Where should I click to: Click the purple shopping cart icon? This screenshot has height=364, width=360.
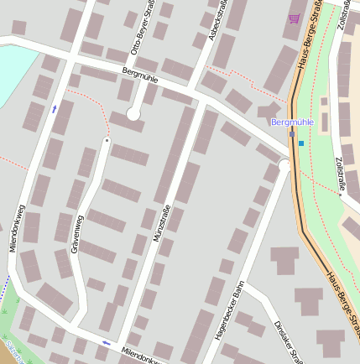pyautogui.click(x=294, y=18)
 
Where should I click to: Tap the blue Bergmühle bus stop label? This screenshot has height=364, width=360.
pyautogui.click(x=293, y=122)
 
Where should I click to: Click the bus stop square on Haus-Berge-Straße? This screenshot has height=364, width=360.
pyautogui.click(x=292, y=134)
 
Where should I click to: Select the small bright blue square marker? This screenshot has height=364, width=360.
pyautogui.click(x=301, y=143)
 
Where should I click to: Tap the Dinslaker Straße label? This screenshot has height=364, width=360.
pyautogui.click(x=290, y=341)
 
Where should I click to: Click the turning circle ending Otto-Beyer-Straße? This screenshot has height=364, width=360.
pyautogui.click(x=133, y=113)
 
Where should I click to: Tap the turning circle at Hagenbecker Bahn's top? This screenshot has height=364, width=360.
pyautogui.click(x=284, y=166)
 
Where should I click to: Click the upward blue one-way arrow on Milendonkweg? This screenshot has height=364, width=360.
pyautogui.click(x=55, y=108)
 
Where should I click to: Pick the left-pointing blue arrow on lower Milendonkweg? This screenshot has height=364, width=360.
pyautogui.click(x=107, y=342)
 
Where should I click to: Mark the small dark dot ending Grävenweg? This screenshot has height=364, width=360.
pyautogui.click(x=107, y=140)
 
